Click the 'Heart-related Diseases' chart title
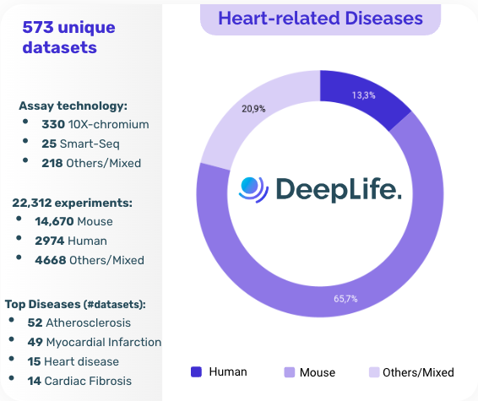click(x=320, y=18)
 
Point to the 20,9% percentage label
click(x=253, y=109)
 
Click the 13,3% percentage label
click(x=364, y=95)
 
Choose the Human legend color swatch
click(x=197, y=371)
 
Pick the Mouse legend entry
click(x=310, y=371)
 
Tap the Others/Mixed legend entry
click(x=411, y=371)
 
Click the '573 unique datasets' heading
click(x=68, y=37)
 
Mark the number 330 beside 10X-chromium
click(x=53, y=124)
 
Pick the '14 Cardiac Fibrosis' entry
click(x=79, y=381)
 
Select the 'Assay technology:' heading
click(x=73, y=106)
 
